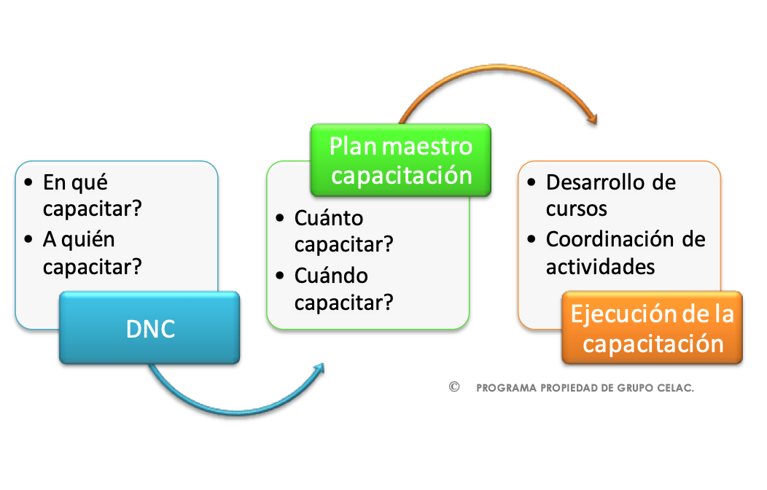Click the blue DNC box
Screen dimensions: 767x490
(149, 327)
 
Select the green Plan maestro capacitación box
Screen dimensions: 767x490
(400, 160)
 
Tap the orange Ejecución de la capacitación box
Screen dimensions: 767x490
(652, 327)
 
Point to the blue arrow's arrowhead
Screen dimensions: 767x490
(319, 369)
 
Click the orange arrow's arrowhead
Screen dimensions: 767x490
(592, 118)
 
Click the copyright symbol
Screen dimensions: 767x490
(454, 386)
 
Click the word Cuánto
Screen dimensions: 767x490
(329, 218)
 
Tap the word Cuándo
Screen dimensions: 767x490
(331, 276)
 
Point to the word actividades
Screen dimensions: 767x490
(600, 267)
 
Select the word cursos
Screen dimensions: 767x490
(576, 209)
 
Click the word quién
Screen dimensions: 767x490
(88, 240)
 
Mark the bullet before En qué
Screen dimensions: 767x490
(28, 182)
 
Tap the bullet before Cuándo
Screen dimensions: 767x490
(280, 276)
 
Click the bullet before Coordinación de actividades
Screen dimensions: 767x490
(532, 239)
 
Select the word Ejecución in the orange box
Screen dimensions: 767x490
(610, 314)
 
